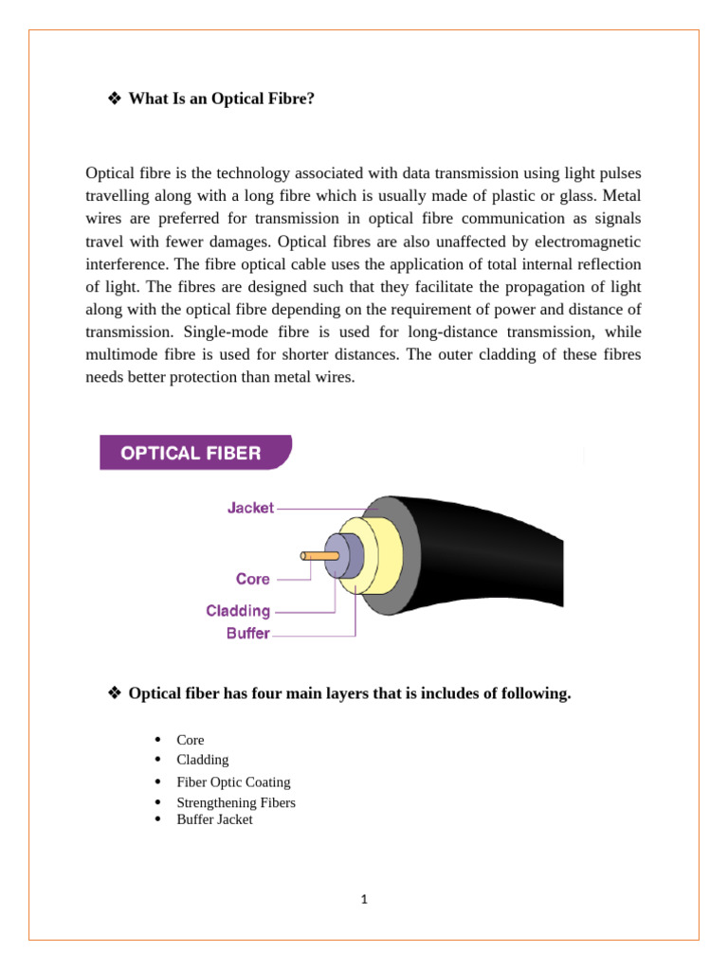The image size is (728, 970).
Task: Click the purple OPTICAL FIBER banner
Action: click(195, 453)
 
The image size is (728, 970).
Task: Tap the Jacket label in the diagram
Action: click(250, 508)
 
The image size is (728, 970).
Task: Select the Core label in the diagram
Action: click(253, 579)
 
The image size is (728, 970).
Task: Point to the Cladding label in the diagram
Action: click(238, 611)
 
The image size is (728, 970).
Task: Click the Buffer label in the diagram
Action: click(247, 634)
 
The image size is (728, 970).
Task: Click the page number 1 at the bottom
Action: click(363, 899)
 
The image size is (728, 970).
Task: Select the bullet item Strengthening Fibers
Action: click(236, 802)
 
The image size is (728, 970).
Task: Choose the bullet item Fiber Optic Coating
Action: click(233, 781)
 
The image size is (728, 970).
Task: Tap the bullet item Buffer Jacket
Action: click(214, 819)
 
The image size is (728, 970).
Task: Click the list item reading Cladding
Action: click(202, 759)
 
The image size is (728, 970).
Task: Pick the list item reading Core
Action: click(190, 739)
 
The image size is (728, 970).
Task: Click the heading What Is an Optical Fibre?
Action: click(221, 98)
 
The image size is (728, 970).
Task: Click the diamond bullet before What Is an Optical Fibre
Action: click(115, 98)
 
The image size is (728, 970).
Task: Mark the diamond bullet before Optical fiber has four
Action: click(115, 694)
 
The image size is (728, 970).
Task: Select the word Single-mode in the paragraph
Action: click(215, 331)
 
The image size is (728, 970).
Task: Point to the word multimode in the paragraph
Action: click(123, 353)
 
